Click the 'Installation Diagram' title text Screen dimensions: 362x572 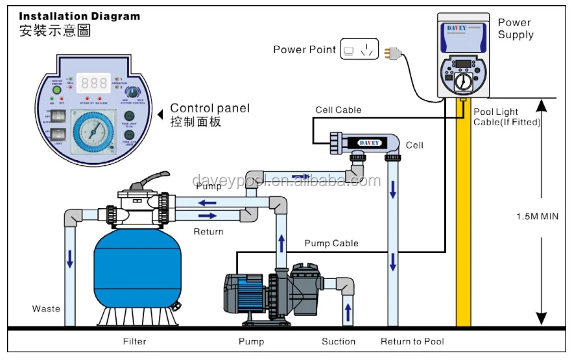(79, 16)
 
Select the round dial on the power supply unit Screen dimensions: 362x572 (462, 81)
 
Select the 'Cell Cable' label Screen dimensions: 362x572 (338, 110)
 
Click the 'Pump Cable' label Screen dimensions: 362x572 (331, 243)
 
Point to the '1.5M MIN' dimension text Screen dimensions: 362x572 (537, 216)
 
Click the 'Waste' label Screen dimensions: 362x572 (46, 309)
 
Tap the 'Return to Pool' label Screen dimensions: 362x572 (412, 341)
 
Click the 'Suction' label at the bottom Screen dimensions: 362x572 (339, 341)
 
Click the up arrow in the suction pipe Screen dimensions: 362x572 (348, 311)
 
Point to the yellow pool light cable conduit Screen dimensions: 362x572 (463, 214)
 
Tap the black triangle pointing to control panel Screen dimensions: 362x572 (161, 114)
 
